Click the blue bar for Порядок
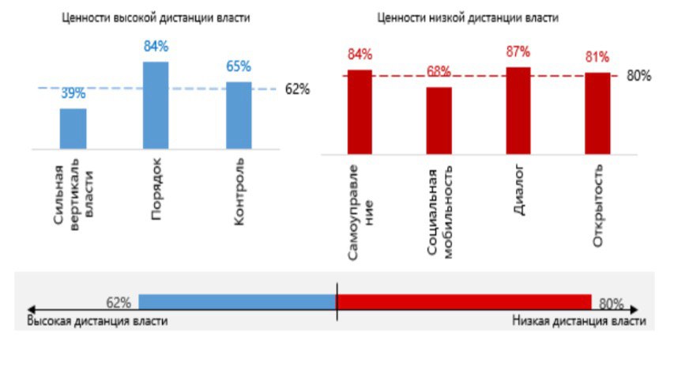[156, 104]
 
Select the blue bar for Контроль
[238, 115]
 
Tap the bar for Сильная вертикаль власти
[73, 128]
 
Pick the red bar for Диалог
[518, 108]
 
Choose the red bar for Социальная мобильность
[439, 118]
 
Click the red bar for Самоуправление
[360, 109]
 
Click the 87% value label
[518, 52]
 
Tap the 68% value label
[439, 72]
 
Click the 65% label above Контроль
[238, 66]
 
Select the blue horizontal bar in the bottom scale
[237, 301]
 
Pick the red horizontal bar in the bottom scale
[464, 301]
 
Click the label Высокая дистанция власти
[97, 321]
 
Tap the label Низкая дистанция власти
[578, 321]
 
